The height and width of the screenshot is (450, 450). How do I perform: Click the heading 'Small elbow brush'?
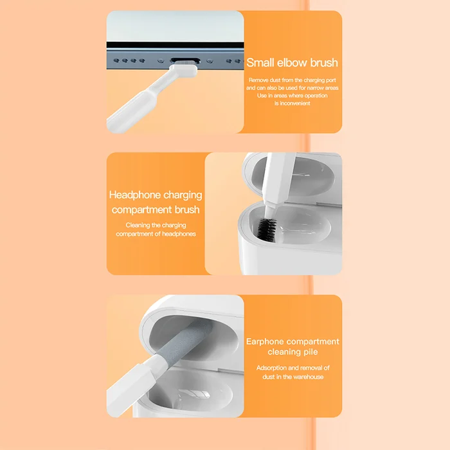(292, 63)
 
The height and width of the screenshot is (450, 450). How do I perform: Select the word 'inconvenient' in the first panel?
(292, 104)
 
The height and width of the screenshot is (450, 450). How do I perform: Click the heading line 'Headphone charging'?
(156, 195)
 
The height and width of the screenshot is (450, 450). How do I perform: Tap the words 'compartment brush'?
(156, 210)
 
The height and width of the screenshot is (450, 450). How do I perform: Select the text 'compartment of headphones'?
(156, 234)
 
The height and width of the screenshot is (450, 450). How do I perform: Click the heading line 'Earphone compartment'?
(292, 341)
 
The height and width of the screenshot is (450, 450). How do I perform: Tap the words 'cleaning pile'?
(292, 352)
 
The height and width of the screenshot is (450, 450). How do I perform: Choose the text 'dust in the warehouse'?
(292, 377)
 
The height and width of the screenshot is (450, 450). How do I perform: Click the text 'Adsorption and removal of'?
(292, 368)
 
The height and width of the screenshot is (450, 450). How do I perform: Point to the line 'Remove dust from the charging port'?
(292, 80)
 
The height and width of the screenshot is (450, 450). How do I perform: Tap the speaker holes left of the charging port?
(129, 62)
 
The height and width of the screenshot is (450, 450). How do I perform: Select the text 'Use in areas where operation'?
(292, 96)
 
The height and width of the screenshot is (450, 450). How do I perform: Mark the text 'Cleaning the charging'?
(156, 226)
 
